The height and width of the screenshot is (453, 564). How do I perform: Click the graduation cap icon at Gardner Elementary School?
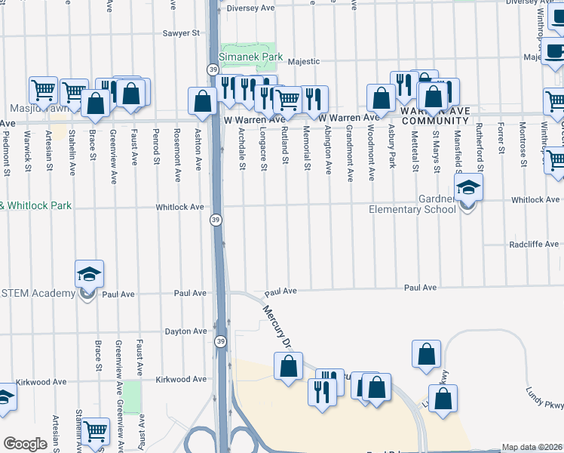pos(468,190)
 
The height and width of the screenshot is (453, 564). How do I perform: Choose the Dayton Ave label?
pos(185,331)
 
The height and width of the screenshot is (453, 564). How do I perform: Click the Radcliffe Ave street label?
pos(534,245)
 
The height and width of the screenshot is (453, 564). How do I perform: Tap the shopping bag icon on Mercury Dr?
pos(288,368)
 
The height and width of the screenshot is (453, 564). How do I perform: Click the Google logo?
pos(25,444)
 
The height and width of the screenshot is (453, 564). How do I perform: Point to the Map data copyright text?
pos(532,447)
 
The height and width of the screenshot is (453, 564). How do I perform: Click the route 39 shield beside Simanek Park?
pos(213,69)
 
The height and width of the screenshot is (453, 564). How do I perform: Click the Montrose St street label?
pos(522,151)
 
